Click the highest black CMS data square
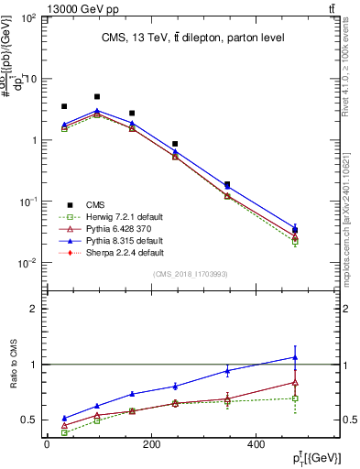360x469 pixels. [97, 96]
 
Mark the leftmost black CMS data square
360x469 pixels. [63, 106]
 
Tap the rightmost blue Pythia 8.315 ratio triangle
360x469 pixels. [294, 357]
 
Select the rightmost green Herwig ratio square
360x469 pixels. [294, 398]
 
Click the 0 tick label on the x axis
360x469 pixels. [47, 444]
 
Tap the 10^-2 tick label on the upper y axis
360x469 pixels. [28, 264]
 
